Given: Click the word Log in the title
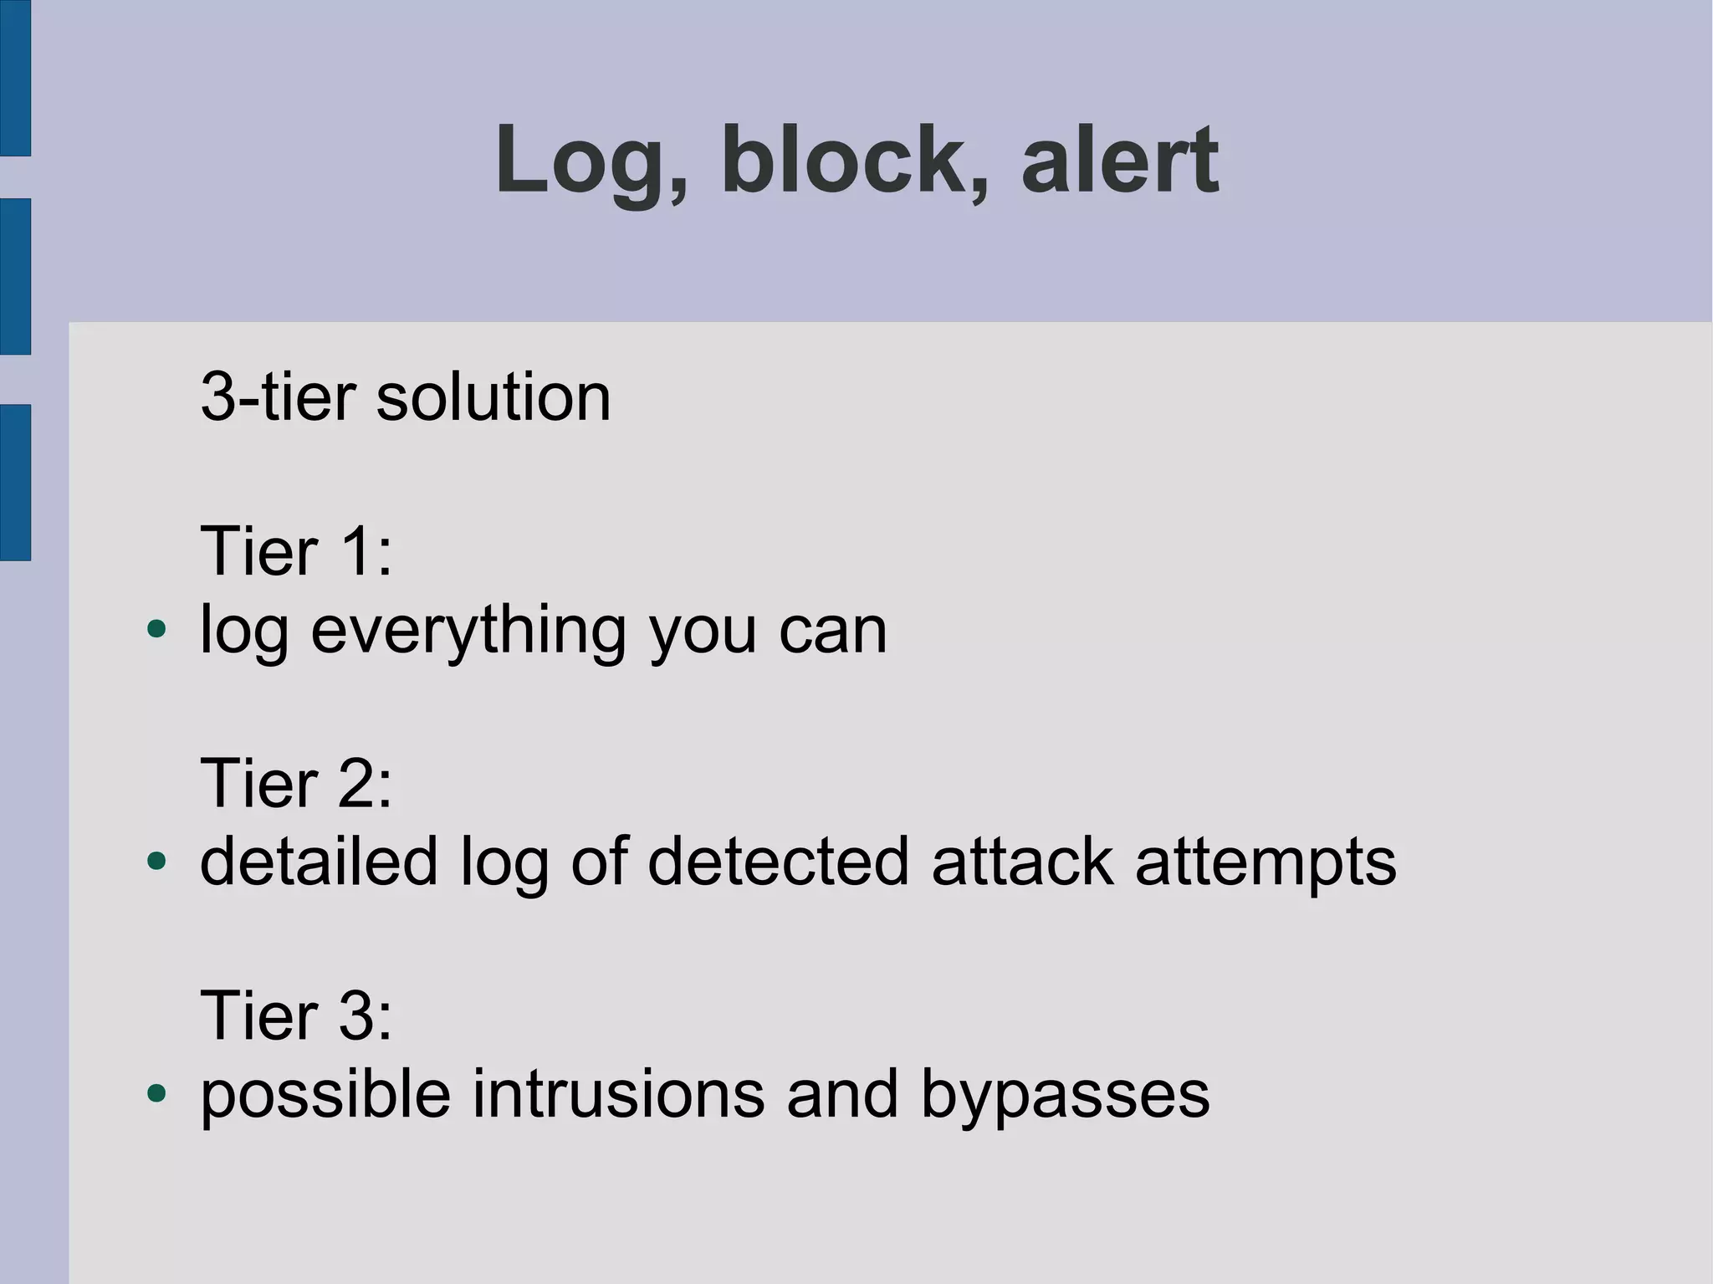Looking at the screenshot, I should [585, 161].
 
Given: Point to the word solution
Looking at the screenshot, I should [493, 396].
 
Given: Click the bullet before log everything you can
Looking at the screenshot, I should [156, 628].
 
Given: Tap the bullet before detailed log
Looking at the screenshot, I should [156, 861].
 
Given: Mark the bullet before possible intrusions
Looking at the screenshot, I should [156, 1092].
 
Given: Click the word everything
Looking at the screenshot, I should [468, 632].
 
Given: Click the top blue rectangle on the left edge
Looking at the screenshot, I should [15, 78].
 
